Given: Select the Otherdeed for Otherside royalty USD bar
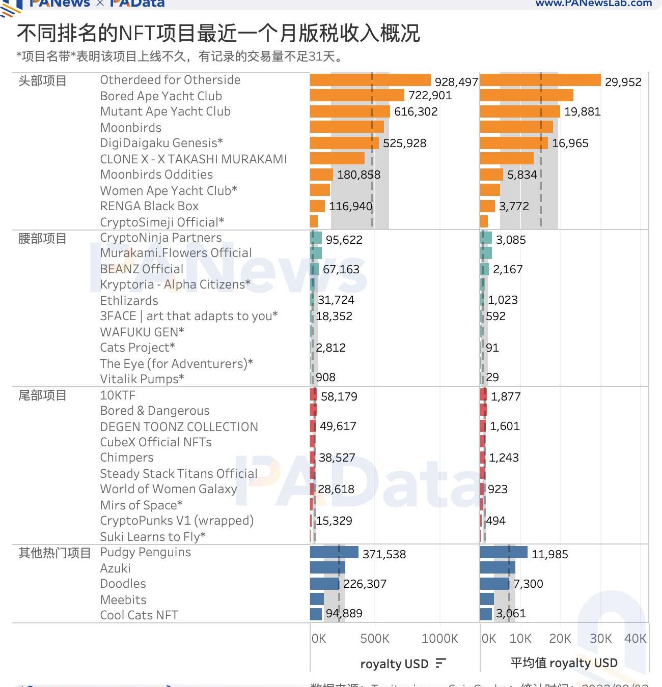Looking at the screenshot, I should click(370, 80).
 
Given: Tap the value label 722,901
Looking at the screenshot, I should click(430, 96).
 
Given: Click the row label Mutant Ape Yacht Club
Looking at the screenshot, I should click(165, 111).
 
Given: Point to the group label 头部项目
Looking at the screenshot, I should click(42, 81).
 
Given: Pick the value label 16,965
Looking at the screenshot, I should click(570, 144).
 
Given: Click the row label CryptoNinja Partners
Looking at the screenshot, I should click(160, 238).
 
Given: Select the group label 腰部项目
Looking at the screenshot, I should click(42, 239).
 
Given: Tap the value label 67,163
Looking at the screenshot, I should click(341, 269).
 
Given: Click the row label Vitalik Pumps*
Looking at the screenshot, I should click(142, 379).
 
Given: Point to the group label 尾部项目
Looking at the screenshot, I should click(42, 395).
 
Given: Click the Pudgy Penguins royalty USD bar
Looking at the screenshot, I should click(334, 553).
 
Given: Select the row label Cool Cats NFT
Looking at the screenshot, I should click(139, 615).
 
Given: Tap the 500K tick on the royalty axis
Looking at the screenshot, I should click(374, 639).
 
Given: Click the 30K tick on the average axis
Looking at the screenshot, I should click(600, 639).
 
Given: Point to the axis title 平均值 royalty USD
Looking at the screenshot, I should click(564, 663).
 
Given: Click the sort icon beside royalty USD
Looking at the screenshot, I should click(440, 664).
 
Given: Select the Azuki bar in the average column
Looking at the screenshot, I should click(498, 568).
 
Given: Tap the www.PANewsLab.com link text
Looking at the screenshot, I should click(593, 4).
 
